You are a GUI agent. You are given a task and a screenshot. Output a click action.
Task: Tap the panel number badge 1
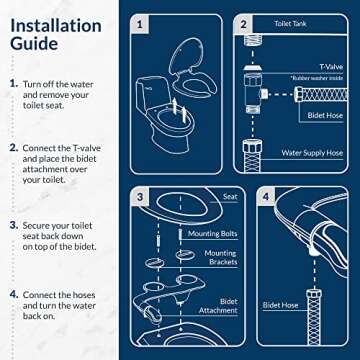(x=141, y=22)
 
